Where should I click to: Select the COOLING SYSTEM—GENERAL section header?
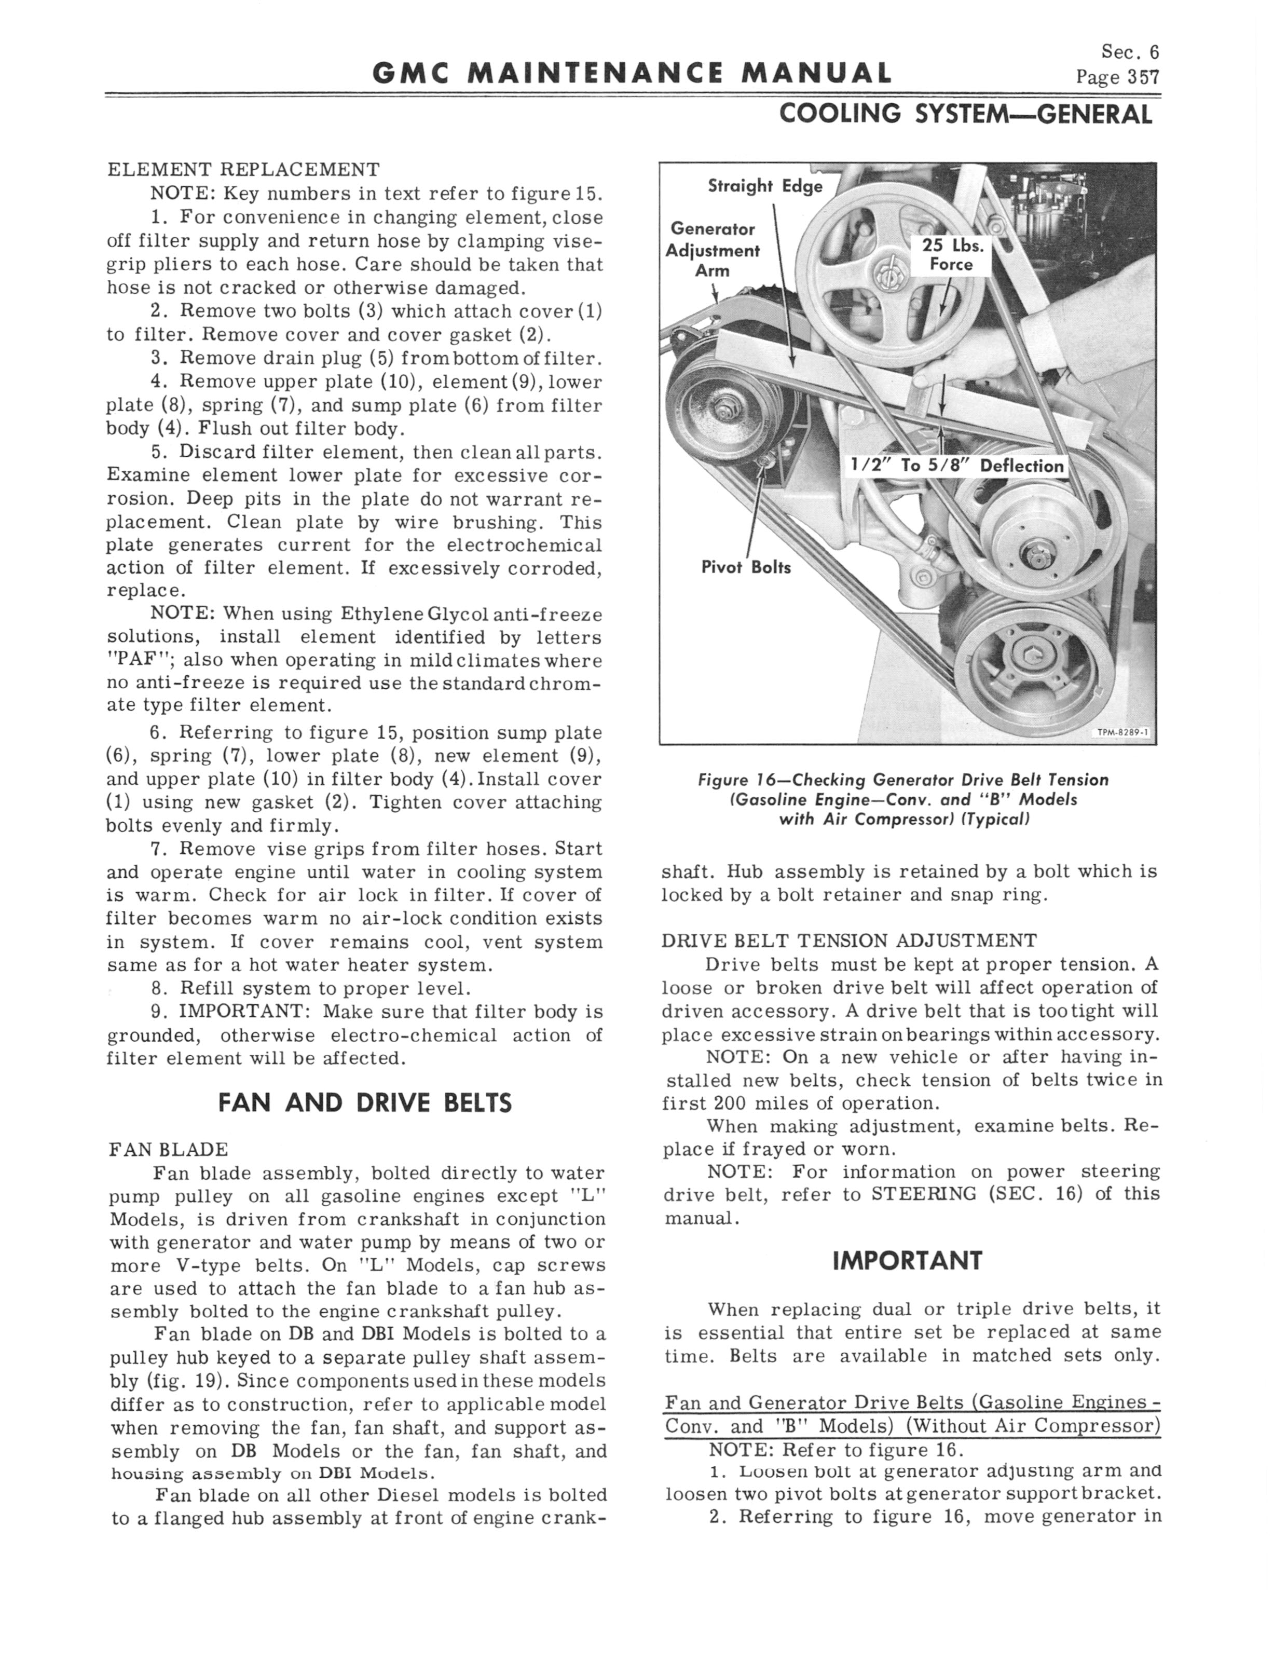click(x=965, y=115)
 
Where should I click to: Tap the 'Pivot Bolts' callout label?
click(x=746, y=568)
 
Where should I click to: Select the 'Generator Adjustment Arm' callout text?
click(x=713, y=250)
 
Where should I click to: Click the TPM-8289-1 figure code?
click(x=1123, y=733)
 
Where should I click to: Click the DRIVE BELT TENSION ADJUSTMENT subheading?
click(x=849, y=941)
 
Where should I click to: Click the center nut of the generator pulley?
click(x=722, y=411)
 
